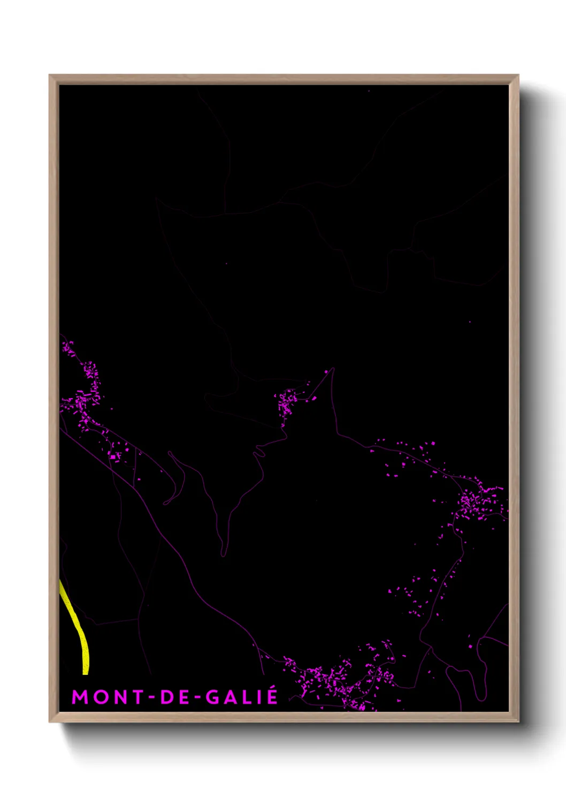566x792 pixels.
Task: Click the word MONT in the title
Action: (108, 697)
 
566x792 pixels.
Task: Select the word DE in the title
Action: (173, 697)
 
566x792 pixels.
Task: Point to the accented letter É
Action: (272, 696)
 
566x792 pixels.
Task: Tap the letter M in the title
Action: (80, 697)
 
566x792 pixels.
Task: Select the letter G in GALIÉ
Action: (212, 697)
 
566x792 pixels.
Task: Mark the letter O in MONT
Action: (100, 697)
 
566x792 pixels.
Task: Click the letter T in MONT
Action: (137, 697)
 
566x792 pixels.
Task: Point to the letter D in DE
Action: (166, 697)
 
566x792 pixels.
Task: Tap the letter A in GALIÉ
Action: (231, 697)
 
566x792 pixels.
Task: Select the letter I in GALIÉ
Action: (260, 697)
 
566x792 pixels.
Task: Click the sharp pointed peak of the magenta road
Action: (333, 368)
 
